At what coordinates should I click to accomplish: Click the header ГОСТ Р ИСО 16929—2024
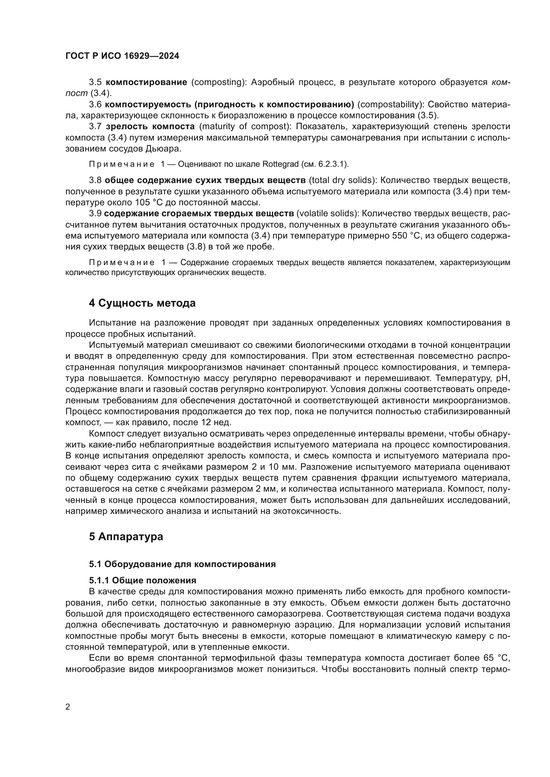coord(122,56)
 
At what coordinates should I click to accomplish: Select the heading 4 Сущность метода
coord(142,303)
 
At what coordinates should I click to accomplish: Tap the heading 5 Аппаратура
coord(126,536)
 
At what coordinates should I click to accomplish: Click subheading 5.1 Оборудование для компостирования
coord(182,564)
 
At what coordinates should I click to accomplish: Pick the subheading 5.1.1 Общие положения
coord(143,580)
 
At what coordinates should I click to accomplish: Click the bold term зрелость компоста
coord(150,127)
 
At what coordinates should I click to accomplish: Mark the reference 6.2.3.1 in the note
coord(332,164)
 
